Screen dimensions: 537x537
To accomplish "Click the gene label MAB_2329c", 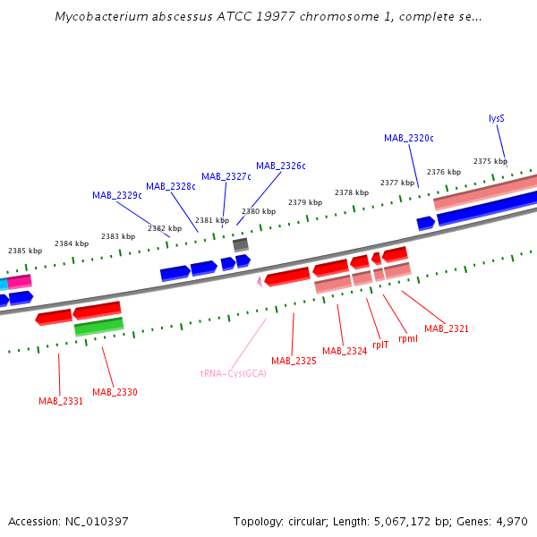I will pos(117,195).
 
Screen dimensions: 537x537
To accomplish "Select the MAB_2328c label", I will pos(171,186).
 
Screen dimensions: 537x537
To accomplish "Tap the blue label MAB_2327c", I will pos(226,176).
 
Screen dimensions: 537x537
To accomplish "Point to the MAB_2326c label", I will pos(281,166).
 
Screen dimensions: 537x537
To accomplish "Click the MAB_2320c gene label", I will pos(409,138).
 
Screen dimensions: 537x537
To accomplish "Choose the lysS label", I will pos(497,118).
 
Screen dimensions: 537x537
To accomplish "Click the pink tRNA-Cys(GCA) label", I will pos(234,373).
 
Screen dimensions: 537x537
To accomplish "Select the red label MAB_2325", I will pos(294,361).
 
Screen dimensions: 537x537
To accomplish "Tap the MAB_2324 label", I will pos(345,351).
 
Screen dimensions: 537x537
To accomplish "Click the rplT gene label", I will pos(380,344).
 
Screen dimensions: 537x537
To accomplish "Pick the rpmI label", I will pos(408,338).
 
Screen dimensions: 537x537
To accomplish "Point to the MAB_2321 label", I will pos(447,328).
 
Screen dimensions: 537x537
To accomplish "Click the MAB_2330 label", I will pos(115,392).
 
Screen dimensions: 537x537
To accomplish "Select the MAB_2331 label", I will pos(61,401).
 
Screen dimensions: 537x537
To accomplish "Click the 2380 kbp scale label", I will pos(259,211).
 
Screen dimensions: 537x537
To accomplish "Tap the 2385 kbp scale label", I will pos(25,251).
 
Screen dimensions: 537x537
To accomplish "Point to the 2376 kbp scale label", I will pos(444,172).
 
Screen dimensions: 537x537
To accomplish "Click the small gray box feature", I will pos(241,244).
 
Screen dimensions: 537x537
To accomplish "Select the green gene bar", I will pos(98,327).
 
